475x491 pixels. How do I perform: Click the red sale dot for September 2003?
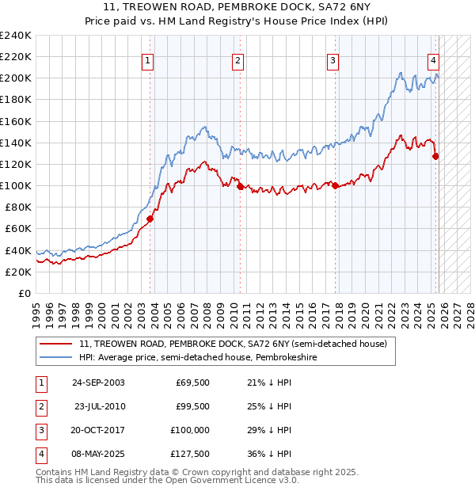tap(150, 219)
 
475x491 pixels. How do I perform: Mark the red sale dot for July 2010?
tap(239, 186)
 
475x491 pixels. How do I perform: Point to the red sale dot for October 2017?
tap(334, 185)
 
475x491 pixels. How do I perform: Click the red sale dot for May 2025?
tap(435, 156)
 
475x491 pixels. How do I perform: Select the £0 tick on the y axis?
tap(24, 293)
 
